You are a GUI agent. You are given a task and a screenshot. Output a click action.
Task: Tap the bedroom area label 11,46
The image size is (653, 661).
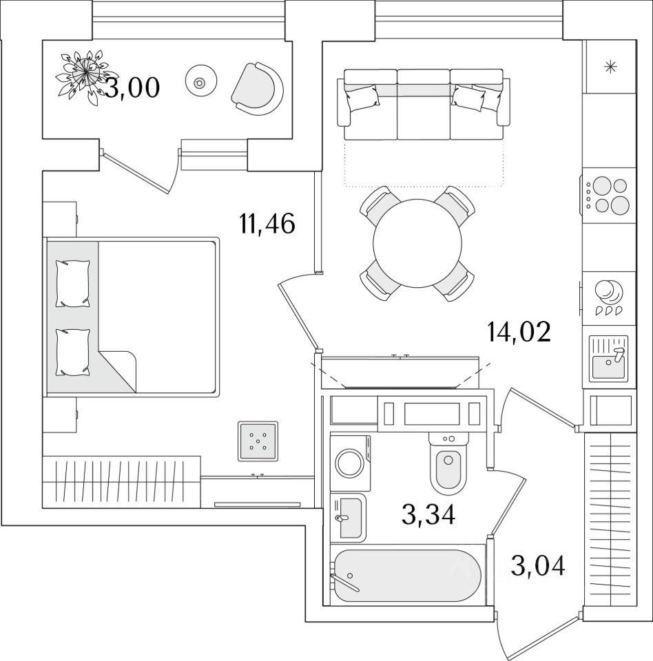(267, 224)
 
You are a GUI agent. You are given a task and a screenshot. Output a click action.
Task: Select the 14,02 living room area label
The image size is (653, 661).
(519, 333)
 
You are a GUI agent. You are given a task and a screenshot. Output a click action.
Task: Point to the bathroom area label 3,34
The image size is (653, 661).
(428, 514)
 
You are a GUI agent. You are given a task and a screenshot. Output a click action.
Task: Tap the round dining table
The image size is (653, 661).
(417, 243)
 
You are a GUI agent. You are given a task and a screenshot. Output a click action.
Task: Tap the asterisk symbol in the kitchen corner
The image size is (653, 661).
(609, 67)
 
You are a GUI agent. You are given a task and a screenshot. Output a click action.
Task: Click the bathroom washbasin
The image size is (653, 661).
(349, 517)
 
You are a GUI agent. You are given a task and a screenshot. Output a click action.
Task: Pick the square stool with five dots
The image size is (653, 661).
(258, 441)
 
